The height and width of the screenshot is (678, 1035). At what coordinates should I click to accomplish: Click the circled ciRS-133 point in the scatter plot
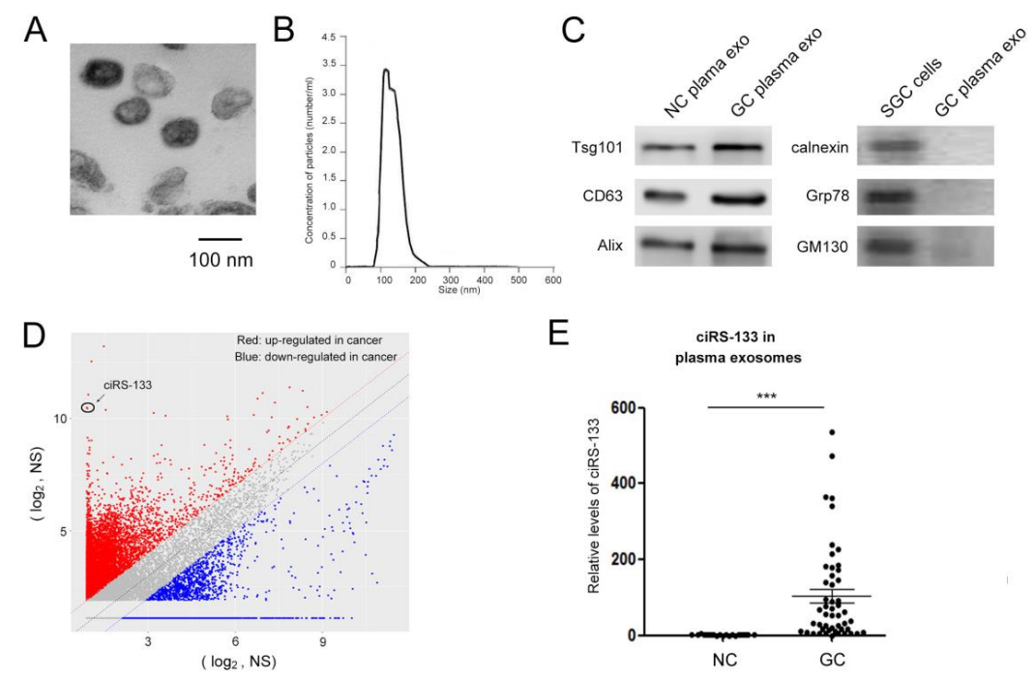click(x=88, y=407)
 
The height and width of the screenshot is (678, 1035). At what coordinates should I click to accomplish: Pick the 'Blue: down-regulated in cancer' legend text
click(x=316, y=358)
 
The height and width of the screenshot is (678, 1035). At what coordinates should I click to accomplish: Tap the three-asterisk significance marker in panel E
click(x=765, y=396)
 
